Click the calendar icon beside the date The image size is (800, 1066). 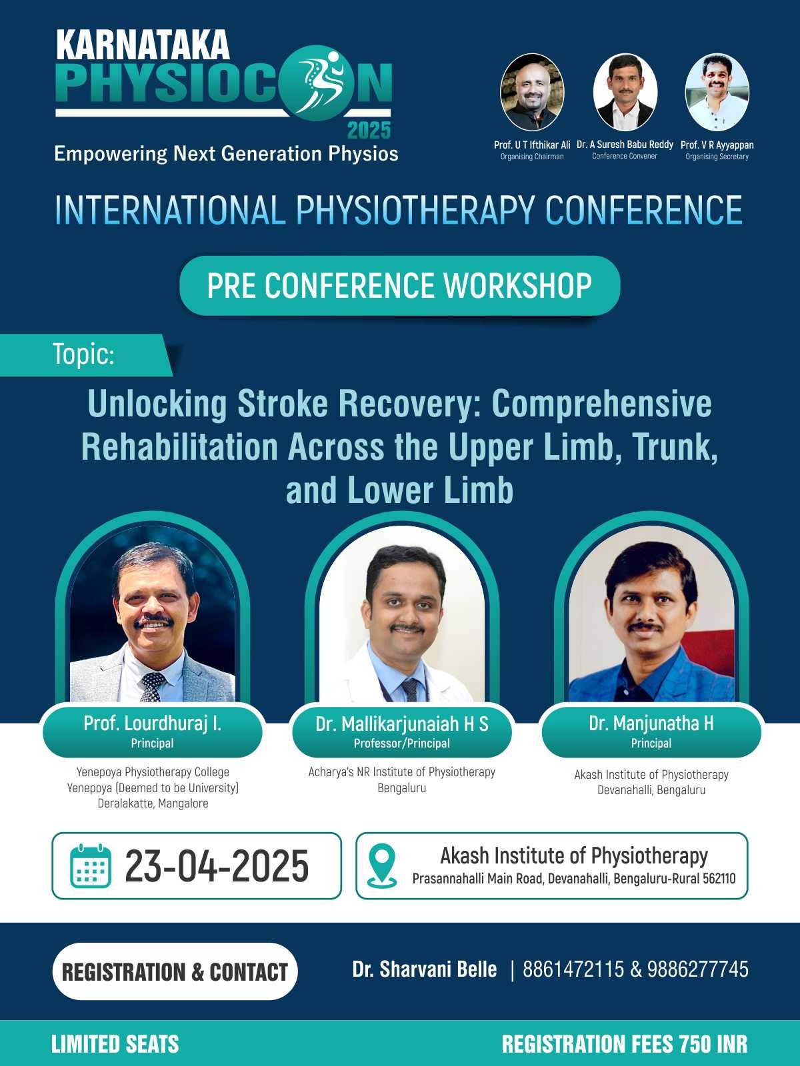tap(91, 866)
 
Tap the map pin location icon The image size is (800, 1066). tap(382, 866)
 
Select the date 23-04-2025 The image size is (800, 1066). tap(217, 867)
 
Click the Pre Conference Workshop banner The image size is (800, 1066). tap(400, 286)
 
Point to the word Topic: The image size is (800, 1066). tap(83, 354)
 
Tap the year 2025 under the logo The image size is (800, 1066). tap(369, 130)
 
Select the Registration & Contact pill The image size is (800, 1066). tap(175, 972)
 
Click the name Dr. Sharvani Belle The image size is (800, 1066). tap(425, 969)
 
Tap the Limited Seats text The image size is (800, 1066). tap(115, 1044)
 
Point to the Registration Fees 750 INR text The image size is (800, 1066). tap(625, 1044)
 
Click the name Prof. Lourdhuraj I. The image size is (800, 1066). tap(153, 723)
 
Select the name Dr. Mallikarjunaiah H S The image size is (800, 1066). tap(402, 724)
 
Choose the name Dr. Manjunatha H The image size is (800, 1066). tap(651, 723)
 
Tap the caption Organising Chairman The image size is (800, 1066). tap(532, 157)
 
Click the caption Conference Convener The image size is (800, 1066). tap(625, 156)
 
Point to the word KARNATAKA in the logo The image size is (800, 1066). tap(143, 45)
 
